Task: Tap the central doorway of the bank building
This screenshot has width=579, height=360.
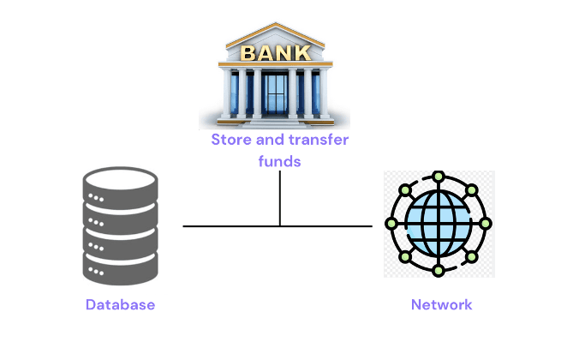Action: pos(274,96)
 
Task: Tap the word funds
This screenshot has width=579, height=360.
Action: pos(280,160)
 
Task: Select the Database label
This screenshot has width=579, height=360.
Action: pos(120,305)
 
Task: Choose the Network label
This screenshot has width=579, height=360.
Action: pos(441,305)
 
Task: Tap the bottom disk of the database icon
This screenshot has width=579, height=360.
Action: pos(120,267)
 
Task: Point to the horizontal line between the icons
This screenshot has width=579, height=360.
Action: pos(231,226)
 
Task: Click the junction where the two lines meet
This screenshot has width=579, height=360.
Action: pos(280,226)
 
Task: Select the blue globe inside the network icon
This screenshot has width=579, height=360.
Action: pos(439,224)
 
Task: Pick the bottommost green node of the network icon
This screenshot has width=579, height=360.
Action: pos(439,271)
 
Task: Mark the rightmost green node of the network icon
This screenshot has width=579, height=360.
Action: pos(485,224)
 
